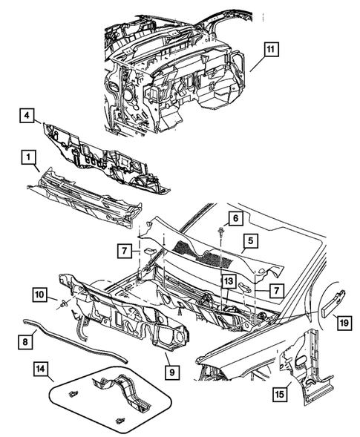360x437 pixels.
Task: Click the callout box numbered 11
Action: pos(270,50)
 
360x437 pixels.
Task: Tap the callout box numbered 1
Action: pos(26,157)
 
